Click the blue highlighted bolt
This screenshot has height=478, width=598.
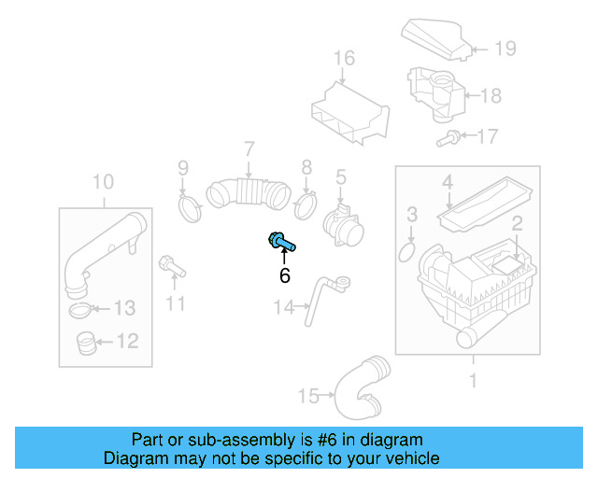(282, 242)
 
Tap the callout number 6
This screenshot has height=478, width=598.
(284, 275)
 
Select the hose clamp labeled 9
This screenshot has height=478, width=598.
(191, 206)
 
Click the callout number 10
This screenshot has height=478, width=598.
(103, 182)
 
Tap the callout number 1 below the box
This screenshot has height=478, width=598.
(473, 380)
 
